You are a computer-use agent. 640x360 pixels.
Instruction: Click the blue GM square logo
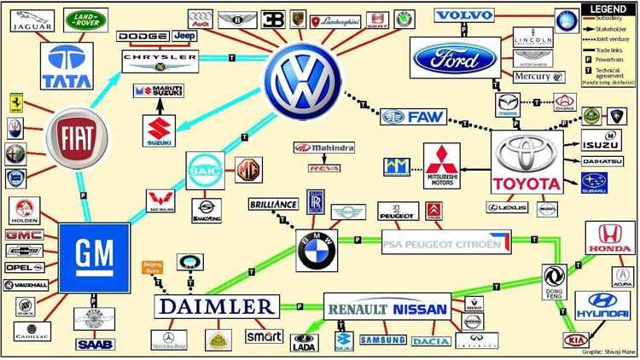click(x=94, y=256)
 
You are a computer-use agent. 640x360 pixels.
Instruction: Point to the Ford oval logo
click(x=454, y=59)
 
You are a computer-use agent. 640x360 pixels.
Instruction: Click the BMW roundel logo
click(x=317, y=249)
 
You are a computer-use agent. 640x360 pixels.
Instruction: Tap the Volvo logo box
click(x=465, y=15)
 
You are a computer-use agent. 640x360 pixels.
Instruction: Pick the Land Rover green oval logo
click(x=86, y=20)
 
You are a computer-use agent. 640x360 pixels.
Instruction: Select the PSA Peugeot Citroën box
click(x=446, y=242)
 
